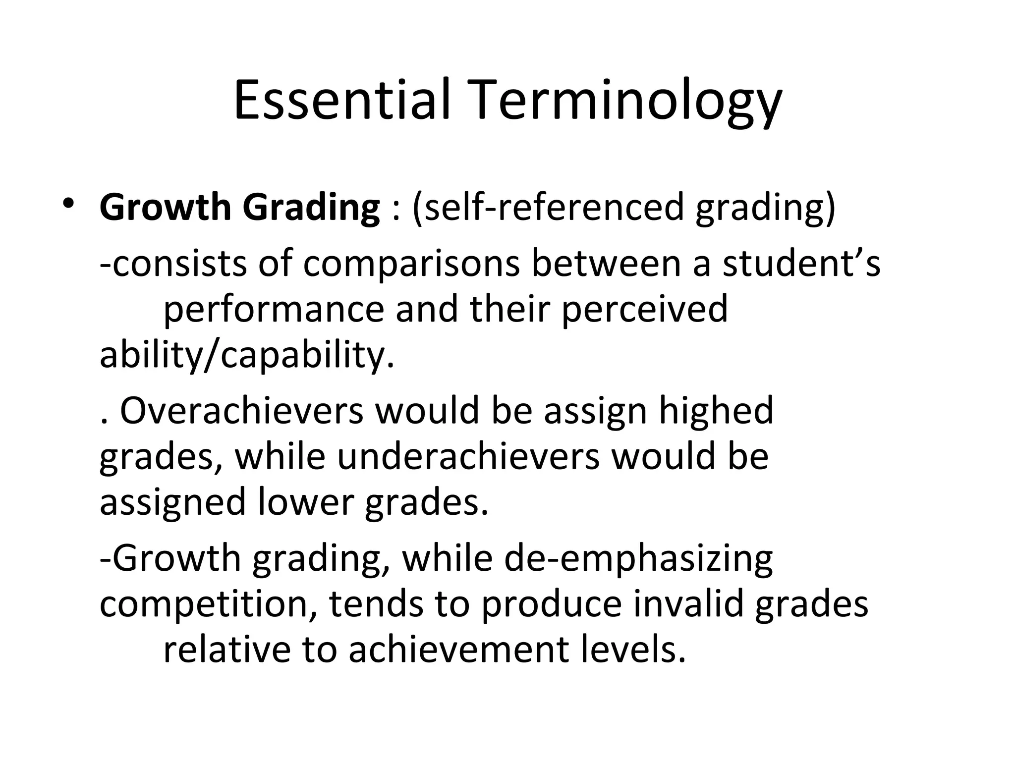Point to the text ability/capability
tap(246, 356)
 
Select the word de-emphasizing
tap(638, 559)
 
